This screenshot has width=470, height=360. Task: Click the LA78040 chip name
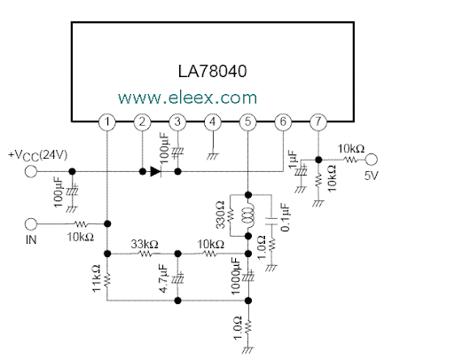point(212,71)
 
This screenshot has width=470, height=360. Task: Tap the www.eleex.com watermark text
point(188,98)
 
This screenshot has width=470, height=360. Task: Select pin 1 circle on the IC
point(107,122)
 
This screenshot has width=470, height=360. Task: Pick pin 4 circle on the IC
point(213,122)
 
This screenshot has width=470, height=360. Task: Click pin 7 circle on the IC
point(318,122)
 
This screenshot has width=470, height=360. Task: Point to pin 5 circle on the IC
point(248,122)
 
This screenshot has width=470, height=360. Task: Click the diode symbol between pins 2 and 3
point(156,171)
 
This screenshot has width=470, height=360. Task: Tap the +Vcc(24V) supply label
point(38,155)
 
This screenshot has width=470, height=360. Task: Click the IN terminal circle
point(30,224)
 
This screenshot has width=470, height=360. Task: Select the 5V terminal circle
point(372,160)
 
